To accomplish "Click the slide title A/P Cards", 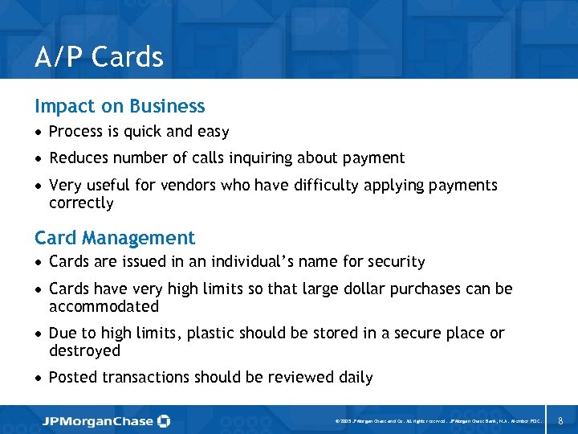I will (99, 57).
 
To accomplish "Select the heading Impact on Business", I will (120, 106).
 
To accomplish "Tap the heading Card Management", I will (115, 238).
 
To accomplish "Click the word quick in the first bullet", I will (144, 132).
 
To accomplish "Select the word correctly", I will (81, 203).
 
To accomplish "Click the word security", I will (397, 262).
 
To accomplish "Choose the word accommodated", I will (104, 307).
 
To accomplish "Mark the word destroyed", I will (84, 351).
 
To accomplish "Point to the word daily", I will (354, 378).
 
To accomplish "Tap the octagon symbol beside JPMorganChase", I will (164, 420).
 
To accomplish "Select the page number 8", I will (560, 420).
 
